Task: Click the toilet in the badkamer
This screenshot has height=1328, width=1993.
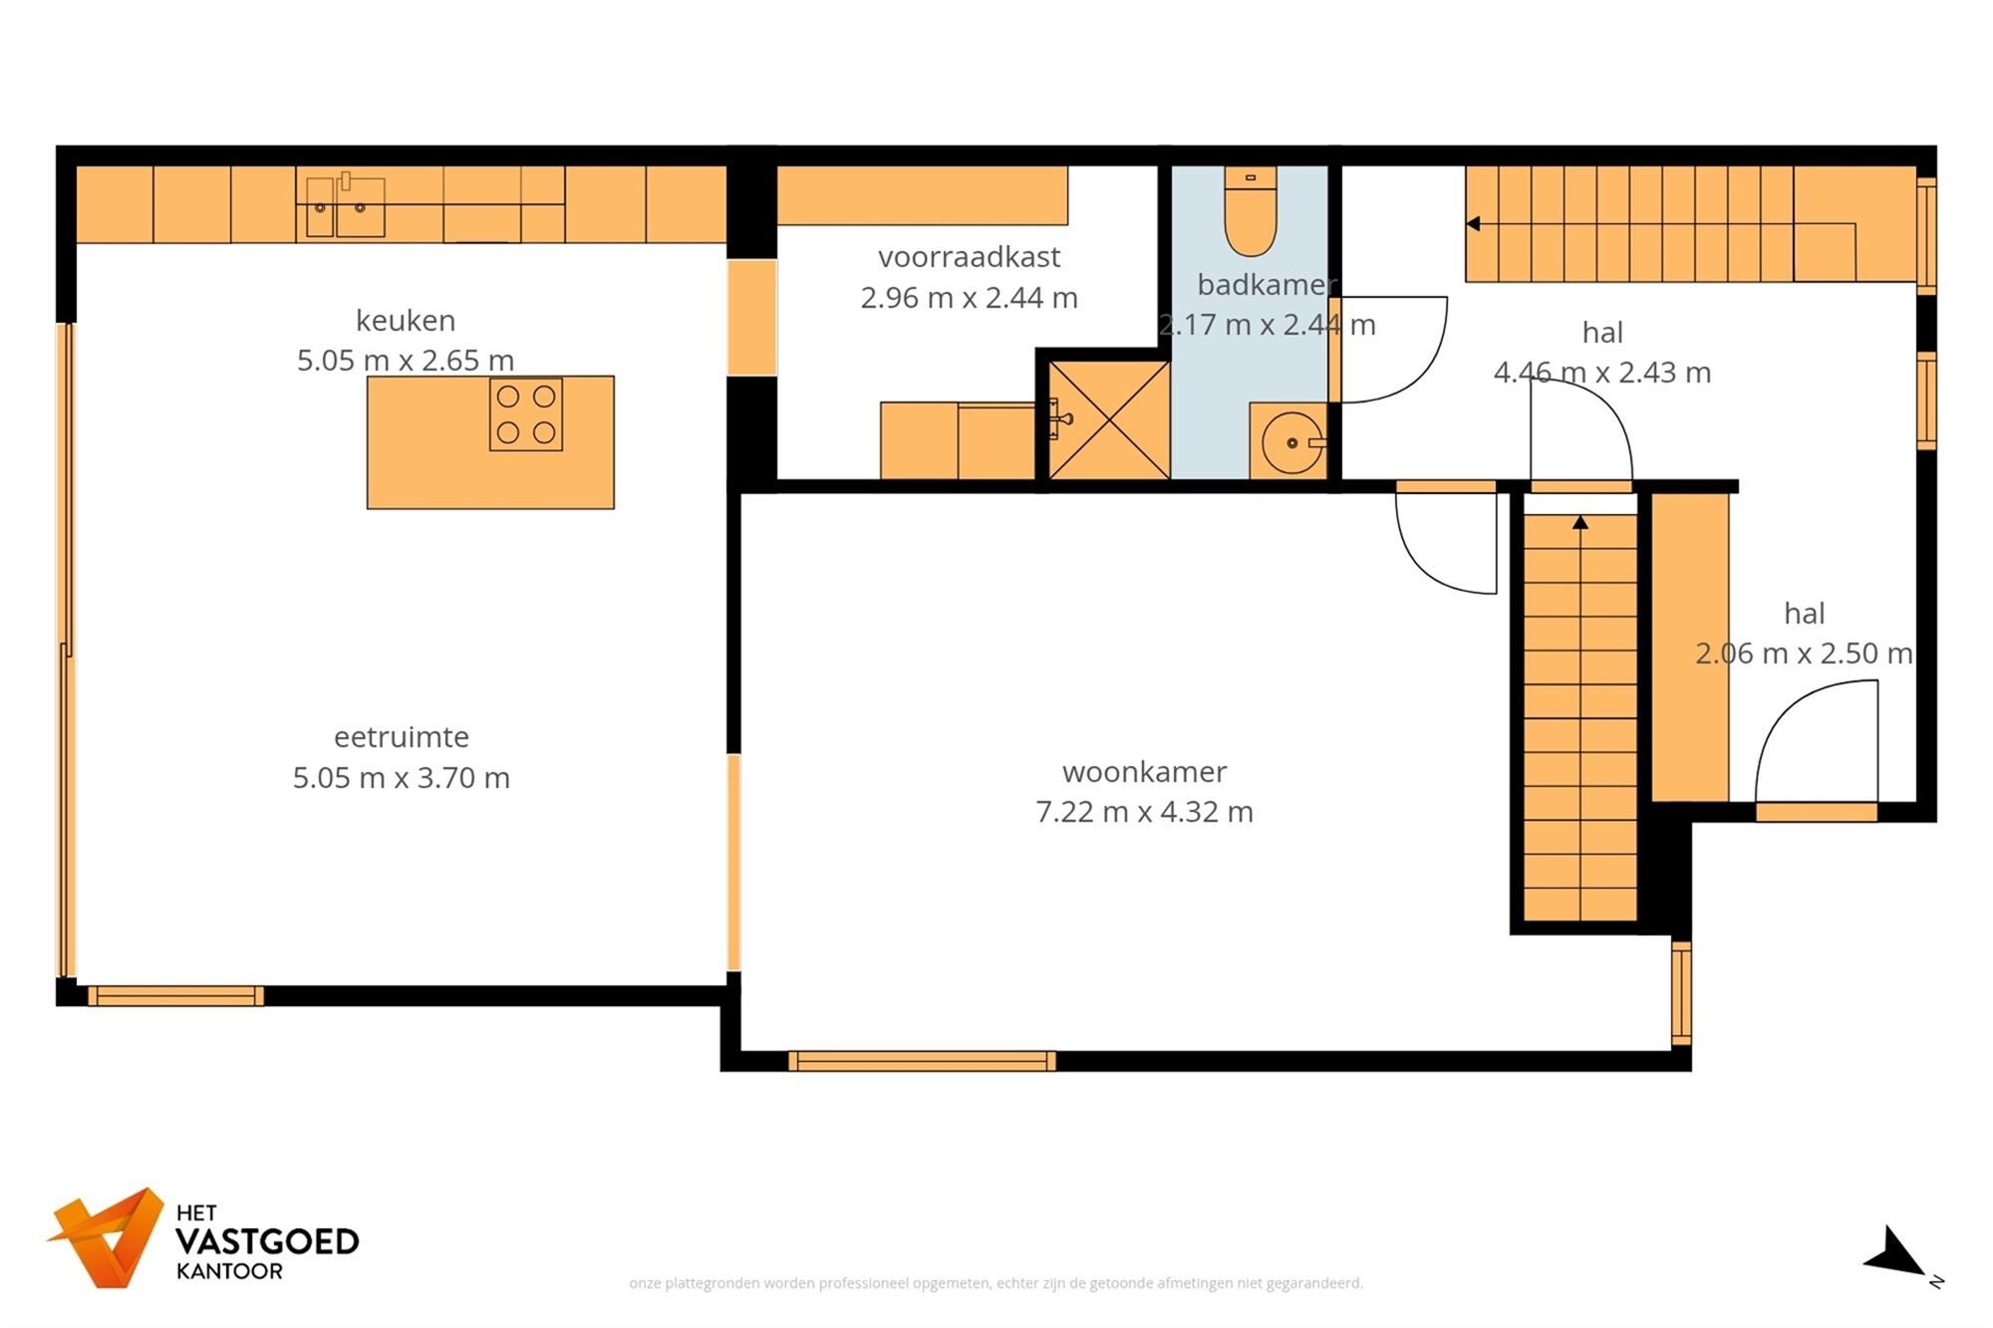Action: (1251, 211)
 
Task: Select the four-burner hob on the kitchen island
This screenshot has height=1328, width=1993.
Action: (526, 414)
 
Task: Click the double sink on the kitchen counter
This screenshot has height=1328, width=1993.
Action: (345, 207)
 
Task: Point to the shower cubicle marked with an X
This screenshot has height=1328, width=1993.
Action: (1109, 419)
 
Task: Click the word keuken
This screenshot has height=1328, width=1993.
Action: (406, 321)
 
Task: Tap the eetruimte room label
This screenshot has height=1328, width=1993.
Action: (402, 737)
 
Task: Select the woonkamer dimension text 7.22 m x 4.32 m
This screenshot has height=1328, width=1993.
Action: (1144, 812)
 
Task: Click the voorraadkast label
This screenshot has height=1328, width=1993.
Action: (969, 257)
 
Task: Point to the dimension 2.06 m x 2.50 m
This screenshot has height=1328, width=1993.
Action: (1804, 654)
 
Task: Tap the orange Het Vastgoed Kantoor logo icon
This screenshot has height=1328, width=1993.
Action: (107, 1236)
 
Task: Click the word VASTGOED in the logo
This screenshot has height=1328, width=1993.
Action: (267, 1241)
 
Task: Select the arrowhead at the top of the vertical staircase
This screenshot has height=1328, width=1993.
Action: (1580, 522)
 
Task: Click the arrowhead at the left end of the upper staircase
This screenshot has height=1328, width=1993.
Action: (1473, 224)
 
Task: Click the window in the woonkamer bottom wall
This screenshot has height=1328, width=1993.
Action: (922, 1061)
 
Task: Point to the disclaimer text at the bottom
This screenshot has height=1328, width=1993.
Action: (996, 1283)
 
